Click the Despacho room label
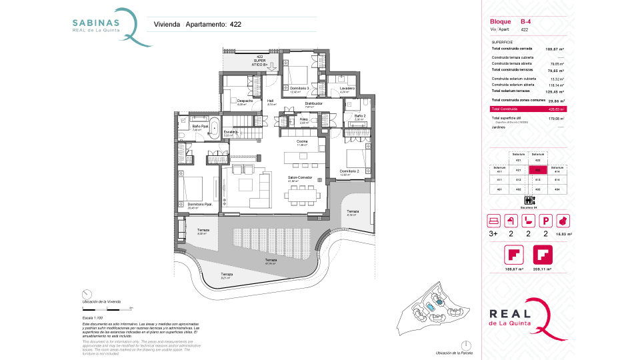pos(245,101)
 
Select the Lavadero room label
pos(347,88)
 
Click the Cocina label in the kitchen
pos(302,142)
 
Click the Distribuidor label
pos(314,103)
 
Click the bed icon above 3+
pos(494,221)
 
